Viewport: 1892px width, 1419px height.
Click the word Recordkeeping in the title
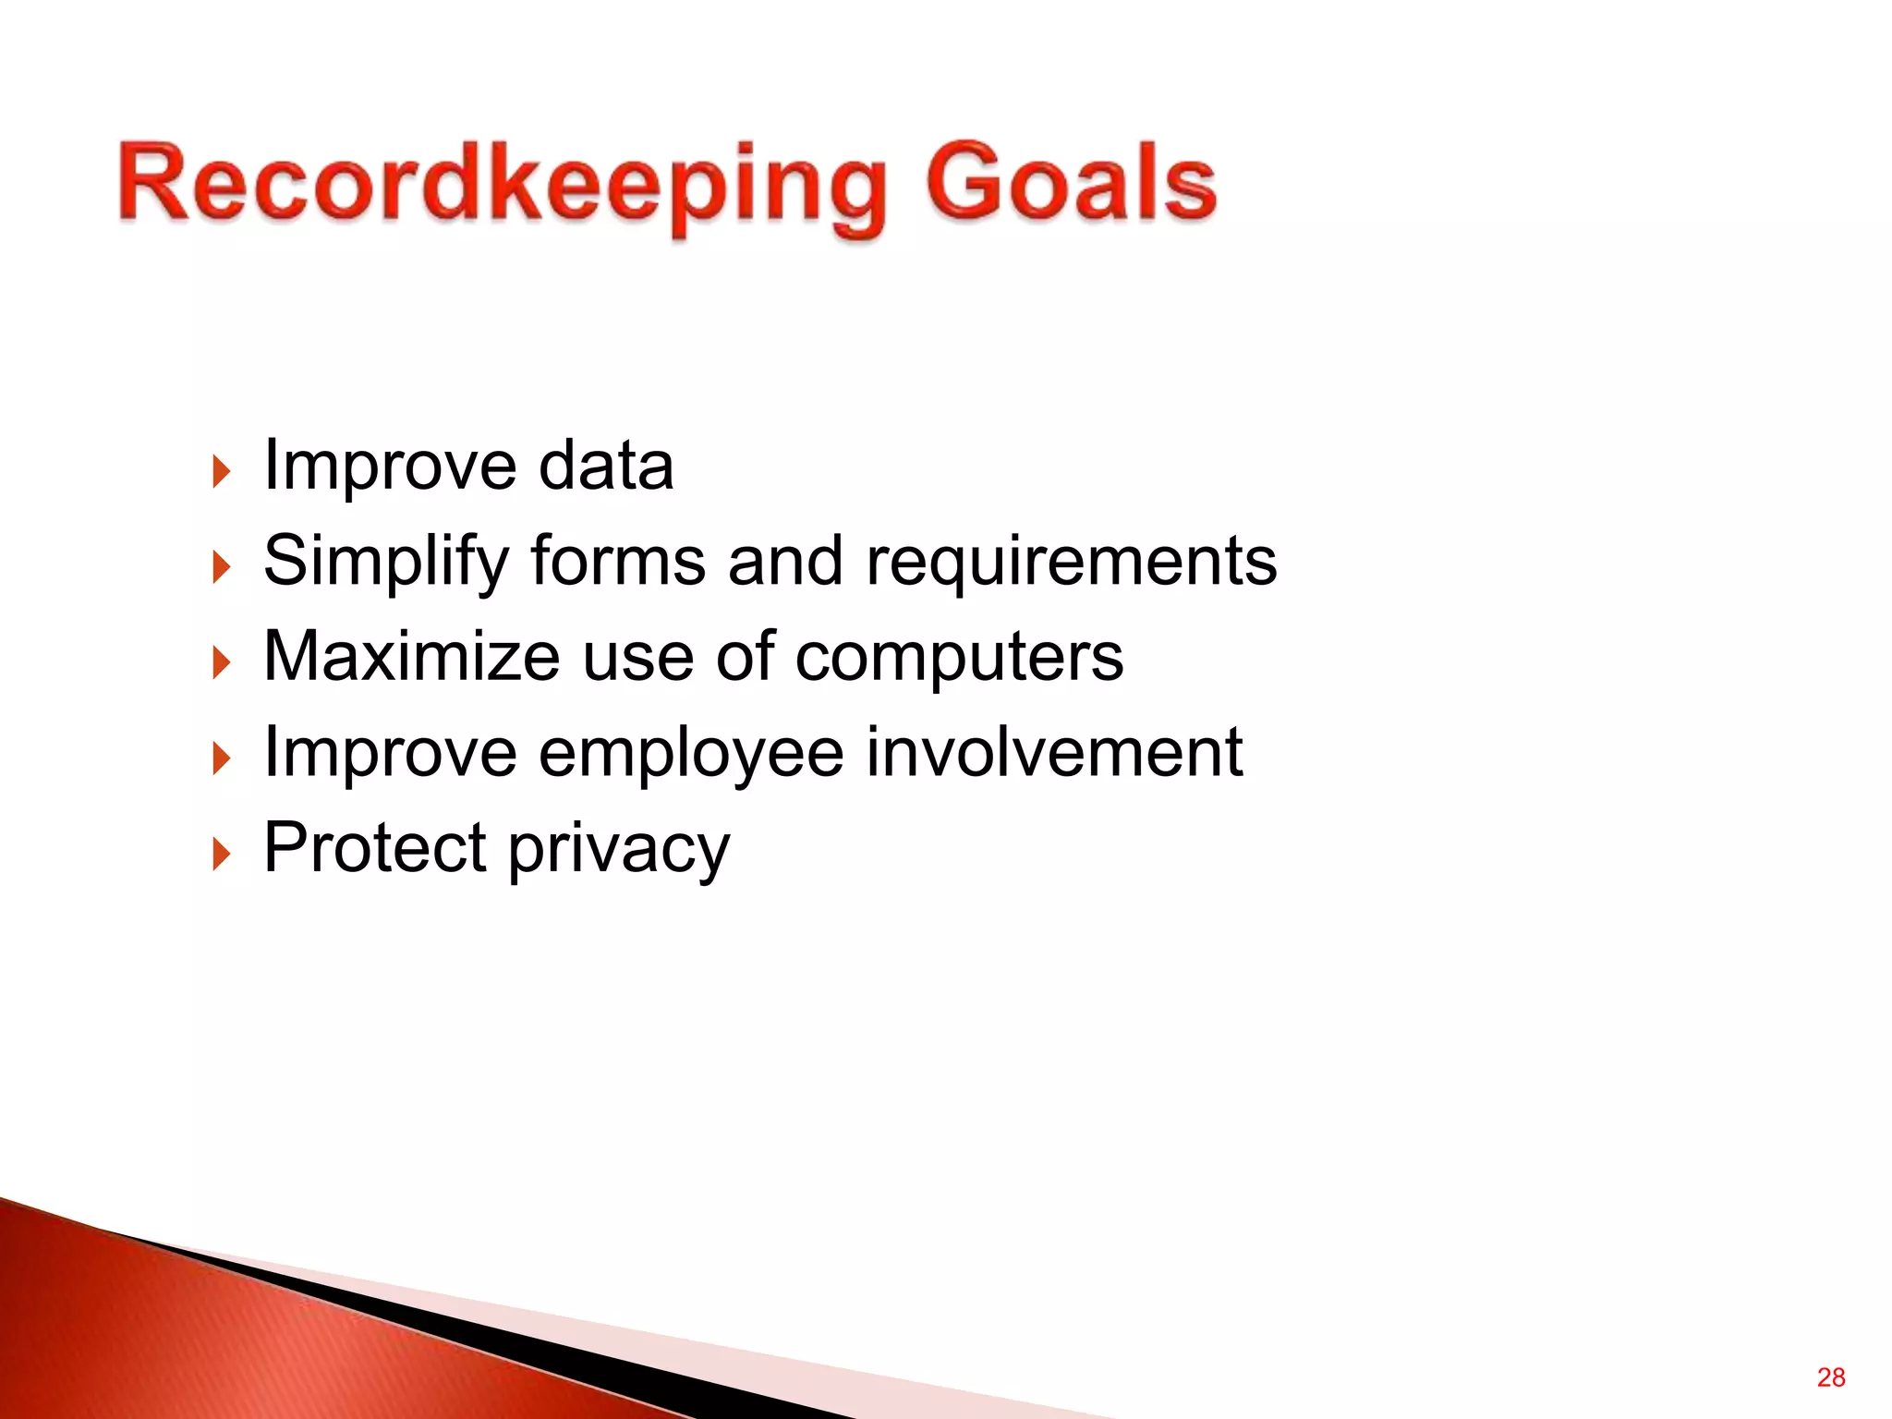click(x=503, y=185)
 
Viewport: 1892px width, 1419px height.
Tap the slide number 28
click(x=1830, y=1377)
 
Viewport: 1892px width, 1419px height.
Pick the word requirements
click(x=1071, y=562)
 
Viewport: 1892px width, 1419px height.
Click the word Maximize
click(x=412, y=657)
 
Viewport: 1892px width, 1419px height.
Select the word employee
click(x=691, y=754)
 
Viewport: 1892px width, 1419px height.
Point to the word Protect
click(x=375, y=847)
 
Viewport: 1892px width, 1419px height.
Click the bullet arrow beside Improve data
click(x=220, y=471)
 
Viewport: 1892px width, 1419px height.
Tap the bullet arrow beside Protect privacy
click(x=220, y=855)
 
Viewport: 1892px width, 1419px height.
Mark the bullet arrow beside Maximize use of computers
click(x=220, y=663)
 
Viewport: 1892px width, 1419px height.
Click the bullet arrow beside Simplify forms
click(x=220, y=567)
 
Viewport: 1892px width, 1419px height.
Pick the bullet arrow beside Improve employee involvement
click(x=220, y=759)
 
